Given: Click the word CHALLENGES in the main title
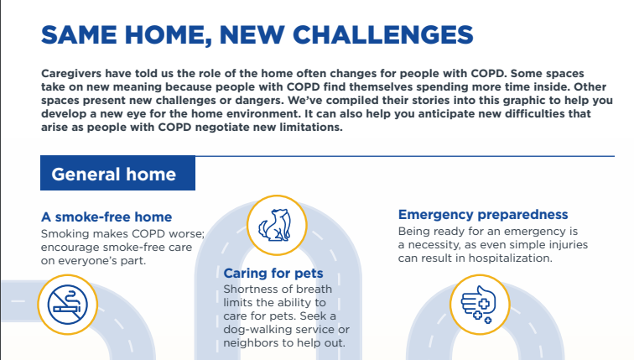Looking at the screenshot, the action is [x=382, y=34].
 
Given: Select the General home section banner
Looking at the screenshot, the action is [x=117, y=173].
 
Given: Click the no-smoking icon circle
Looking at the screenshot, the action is [x=68, y=305].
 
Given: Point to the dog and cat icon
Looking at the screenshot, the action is [x=277, y=225].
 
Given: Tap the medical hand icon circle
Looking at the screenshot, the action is [x=480, y=305].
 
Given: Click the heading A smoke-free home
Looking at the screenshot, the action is [x=107, y=217].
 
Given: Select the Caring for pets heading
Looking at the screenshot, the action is [x=273, y=274].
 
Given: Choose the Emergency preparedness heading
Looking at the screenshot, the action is [x=483, y=214].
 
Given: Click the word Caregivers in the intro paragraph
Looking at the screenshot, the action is [x=71, y=74].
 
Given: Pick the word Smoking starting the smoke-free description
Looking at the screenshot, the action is [x=65, y=234].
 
